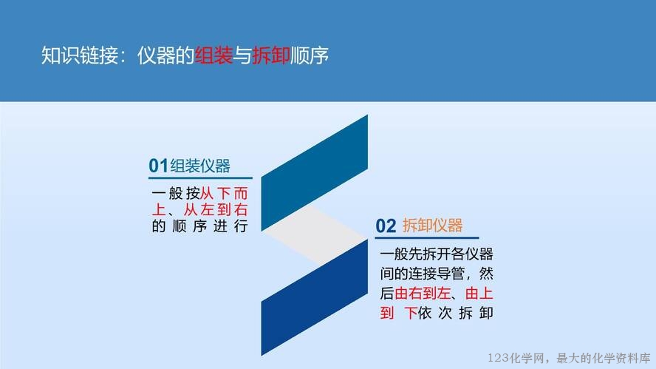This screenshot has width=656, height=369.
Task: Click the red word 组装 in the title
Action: (213, 55)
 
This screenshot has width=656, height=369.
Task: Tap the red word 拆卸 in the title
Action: (271, 55)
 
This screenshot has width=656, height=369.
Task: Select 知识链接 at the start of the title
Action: (80, 55)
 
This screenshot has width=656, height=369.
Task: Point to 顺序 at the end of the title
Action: (310, 55)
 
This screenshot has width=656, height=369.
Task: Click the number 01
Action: (159, 166)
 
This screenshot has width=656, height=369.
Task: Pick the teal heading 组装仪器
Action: (200, 166)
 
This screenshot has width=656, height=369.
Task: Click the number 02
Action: (386, 226)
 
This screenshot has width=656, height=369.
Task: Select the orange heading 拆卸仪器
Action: (433, 226)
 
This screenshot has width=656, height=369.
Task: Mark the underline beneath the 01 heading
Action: (200, 178)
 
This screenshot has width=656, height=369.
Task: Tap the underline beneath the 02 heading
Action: (427, 238)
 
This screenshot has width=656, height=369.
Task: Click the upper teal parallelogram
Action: (315, 172)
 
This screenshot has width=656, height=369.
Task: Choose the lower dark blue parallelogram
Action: (315, 297)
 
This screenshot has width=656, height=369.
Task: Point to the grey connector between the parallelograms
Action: (315, 235)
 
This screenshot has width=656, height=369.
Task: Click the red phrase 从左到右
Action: (216, 209)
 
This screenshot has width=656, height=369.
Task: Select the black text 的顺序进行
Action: (200, 226)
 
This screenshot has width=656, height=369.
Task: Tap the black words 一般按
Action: (176, 194)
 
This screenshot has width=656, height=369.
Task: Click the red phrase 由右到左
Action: (423, 293)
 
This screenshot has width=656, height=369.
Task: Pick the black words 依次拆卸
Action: (455, 313)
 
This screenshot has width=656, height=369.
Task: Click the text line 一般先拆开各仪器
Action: (437, 254)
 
